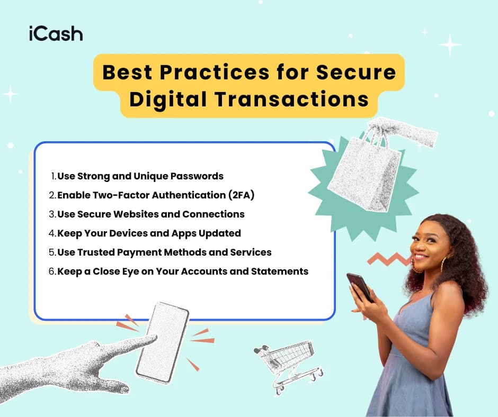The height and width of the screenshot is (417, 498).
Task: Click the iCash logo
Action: point(56,34)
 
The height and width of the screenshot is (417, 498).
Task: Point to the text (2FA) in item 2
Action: point(242,195)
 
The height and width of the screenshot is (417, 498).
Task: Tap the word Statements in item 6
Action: point(282,271)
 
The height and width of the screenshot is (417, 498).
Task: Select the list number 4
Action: point(52,233)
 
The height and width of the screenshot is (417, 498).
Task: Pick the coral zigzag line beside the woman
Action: point(389,259)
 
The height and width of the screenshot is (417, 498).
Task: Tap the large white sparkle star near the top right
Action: point(450,45)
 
